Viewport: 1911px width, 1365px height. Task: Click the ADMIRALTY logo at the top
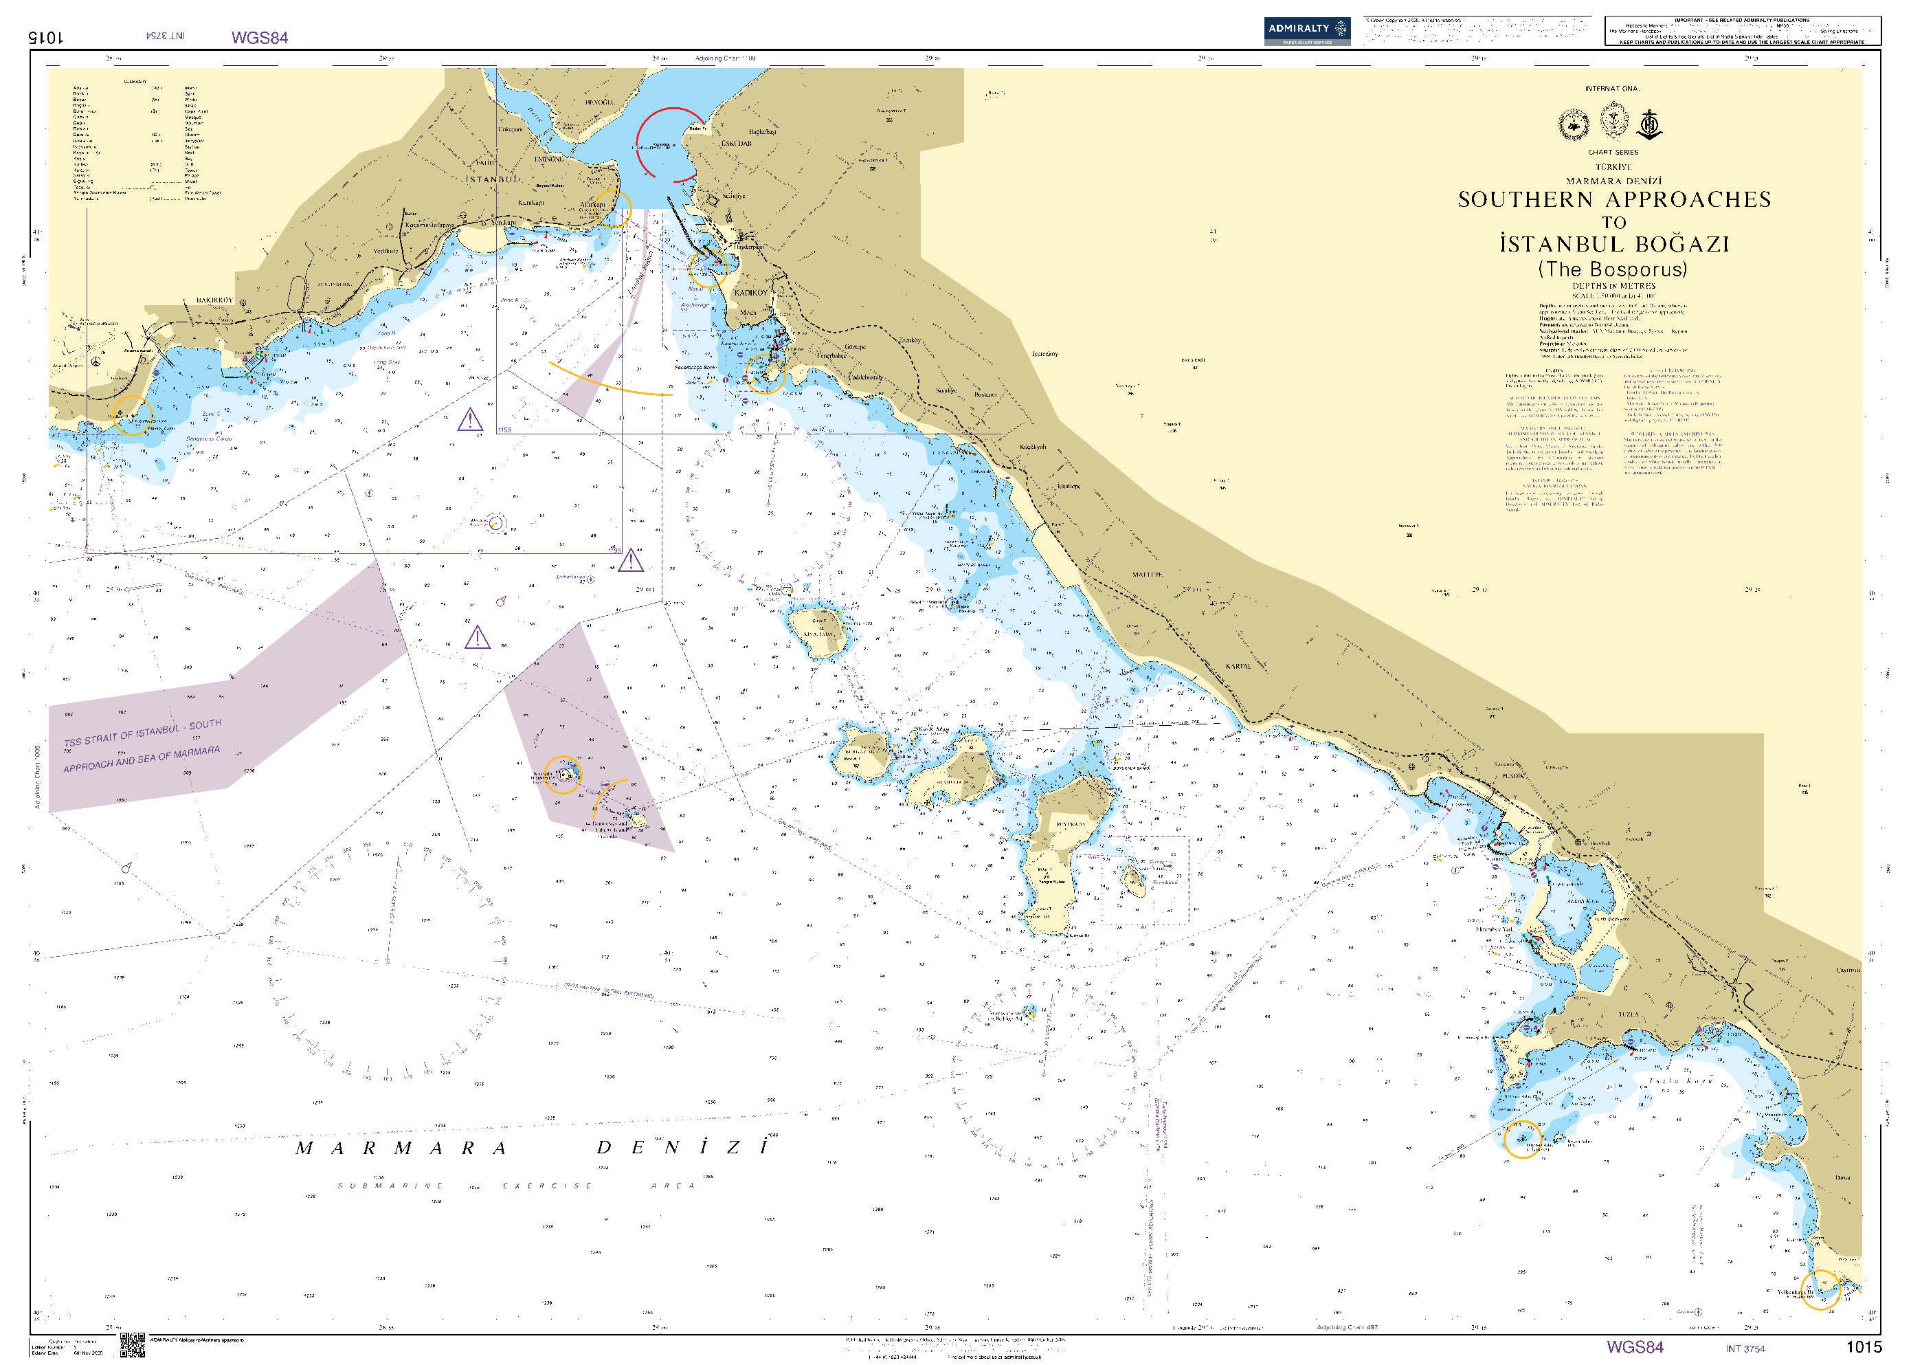1306,30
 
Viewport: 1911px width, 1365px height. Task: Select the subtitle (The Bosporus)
1612,269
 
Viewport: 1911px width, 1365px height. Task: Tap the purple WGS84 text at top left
260,38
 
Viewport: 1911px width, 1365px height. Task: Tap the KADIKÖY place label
750,293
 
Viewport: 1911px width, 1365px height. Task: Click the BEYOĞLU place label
600,102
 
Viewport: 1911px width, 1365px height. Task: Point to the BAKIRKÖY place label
214,300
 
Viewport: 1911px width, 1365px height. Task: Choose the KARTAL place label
1238,666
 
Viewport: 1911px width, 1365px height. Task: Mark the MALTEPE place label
1147,574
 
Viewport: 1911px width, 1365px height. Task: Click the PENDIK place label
1512,776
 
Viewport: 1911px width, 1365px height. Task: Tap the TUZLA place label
1628,1014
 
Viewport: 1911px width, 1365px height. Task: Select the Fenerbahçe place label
832,355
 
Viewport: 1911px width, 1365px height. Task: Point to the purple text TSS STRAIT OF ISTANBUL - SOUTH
143,733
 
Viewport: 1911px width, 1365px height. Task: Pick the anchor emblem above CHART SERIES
1650,124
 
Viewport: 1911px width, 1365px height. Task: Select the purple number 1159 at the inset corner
504,430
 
